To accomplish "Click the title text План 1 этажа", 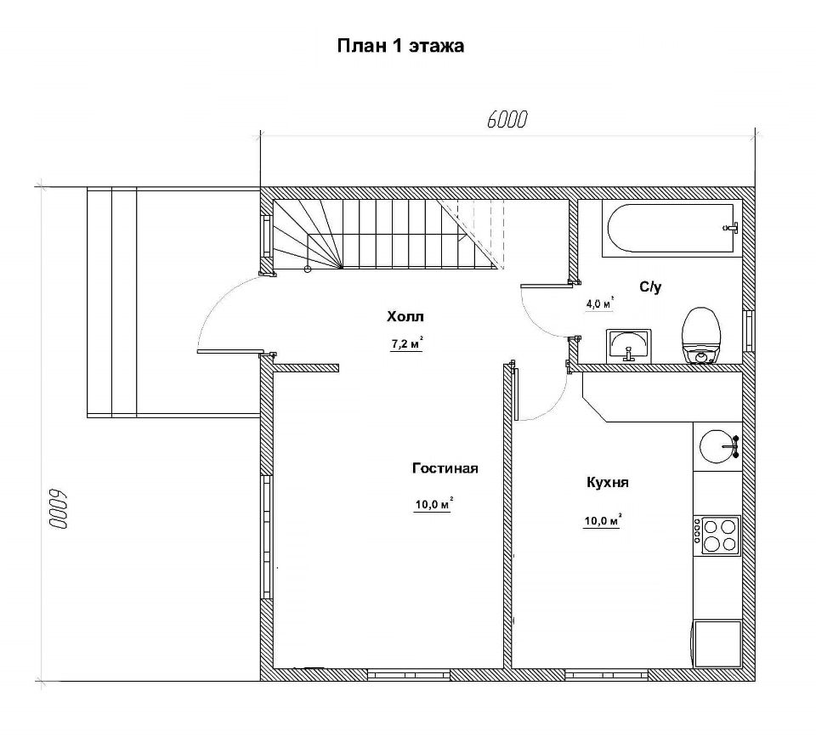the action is pos(400,46).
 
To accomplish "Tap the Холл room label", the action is pos(405,316).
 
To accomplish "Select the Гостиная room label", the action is pos(445,468).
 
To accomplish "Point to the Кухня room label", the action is pos(607,483).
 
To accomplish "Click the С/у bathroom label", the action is pos(650,286).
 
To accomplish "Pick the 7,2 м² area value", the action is pos(406,344).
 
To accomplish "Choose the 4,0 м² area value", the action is pos(600,303).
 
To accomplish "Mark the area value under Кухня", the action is pos(603,521).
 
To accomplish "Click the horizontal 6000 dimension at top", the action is pos(507,120).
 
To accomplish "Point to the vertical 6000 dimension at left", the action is pos(59,509).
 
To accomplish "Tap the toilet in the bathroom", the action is pos(702,335).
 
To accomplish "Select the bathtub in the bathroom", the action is pos(671,229).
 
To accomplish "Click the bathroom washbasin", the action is pos(629,346).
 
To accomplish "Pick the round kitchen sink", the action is pos(719,446).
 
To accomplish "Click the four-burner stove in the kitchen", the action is pos(718,536).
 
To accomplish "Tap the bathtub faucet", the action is pos(731,228).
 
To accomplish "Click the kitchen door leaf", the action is pos(516,394).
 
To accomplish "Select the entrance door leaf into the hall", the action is pos(229,352).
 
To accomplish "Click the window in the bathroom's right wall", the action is pos(749,332).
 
